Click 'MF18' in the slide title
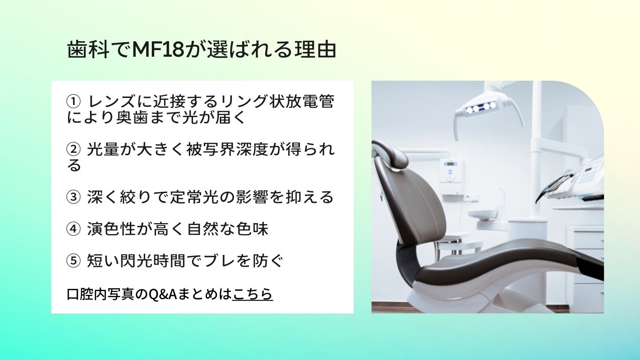(159, 50)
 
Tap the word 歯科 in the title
(88, 50)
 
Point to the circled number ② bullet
(73, 149)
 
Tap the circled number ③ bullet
(73, 197)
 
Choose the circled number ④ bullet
(73, 229)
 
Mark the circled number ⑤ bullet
(73, 261)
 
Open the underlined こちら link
(253, 293)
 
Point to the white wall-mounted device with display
(452, 171)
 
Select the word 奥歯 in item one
(132, 117)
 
